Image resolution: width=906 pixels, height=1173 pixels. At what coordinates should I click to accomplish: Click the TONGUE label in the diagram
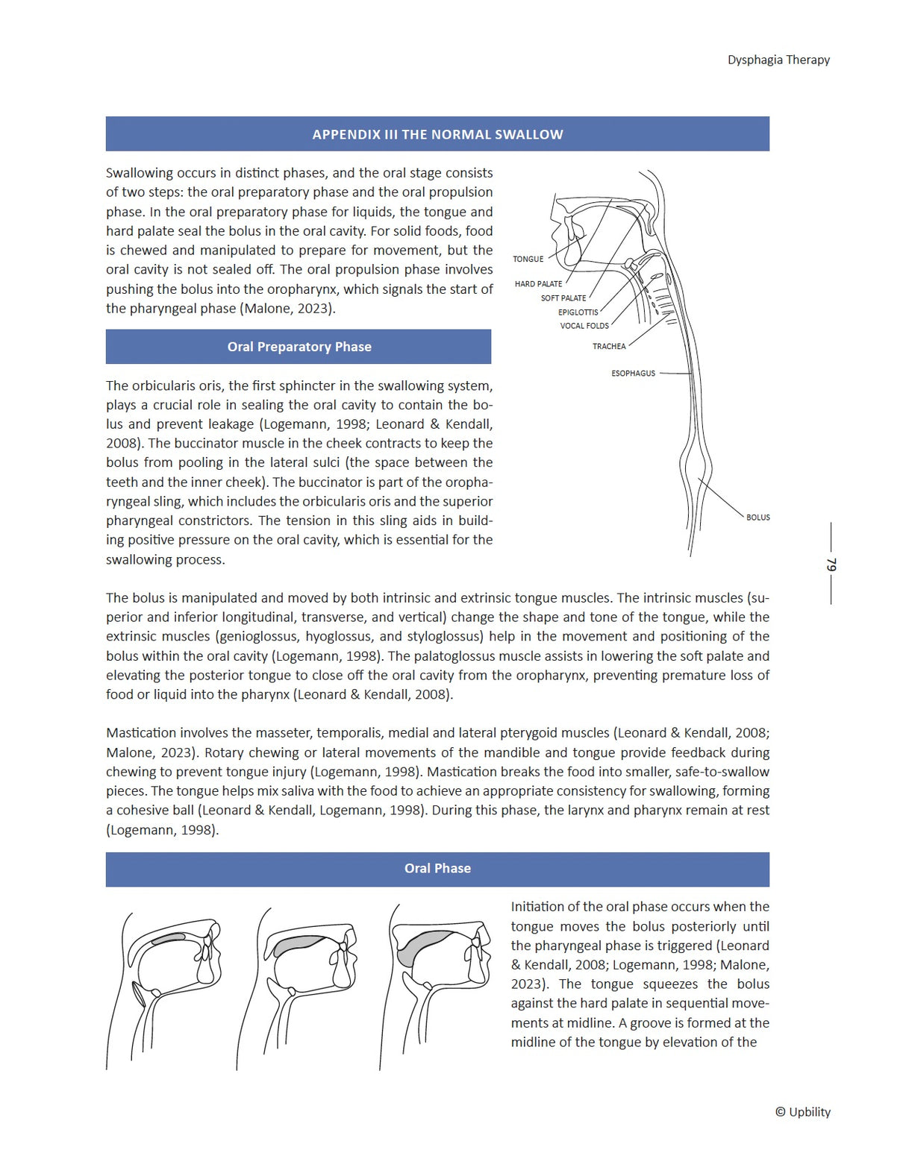click(528, 259)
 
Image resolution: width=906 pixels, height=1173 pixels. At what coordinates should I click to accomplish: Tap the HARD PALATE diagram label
click(538, 284)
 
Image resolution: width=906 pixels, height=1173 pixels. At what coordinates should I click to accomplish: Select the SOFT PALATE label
click(563, 298)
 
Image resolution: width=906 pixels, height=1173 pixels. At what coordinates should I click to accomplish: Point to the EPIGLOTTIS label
click(578, 312)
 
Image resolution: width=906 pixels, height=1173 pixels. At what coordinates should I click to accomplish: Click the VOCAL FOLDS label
click(584, 326)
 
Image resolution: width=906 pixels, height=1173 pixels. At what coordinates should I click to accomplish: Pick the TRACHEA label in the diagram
click(609, 347)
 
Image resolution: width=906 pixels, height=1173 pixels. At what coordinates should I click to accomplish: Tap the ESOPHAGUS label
click(633, 374)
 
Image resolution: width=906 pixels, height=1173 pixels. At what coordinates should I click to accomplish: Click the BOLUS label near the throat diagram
click(757, 518)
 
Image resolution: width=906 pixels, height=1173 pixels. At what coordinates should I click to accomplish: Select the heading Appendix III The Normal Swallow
click(437, 135)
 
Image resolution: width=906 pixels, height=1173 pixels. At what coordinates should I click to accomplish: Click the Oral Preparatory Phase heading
click(299, 347)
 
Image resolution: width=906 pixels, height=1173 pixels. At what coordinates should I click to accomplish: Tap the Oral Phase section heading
click(437, 869)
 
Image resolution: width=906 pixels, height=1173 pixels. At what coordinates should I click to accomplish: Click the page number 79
click(831, 565)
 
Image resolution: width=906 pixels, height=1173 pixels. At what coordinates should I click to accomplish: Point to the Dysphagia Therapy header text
click(778, 60)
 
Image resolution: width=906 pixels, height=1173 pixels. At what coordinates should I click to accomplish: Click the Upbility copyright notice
click(802, 1112)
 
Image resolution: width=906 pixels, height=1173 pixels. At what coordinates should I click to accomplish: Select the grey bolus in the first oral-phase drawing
click(169, 938)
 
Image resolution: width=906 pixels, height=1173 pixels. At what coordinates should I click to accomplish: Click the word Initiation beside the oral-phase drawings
click(537, 908)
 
